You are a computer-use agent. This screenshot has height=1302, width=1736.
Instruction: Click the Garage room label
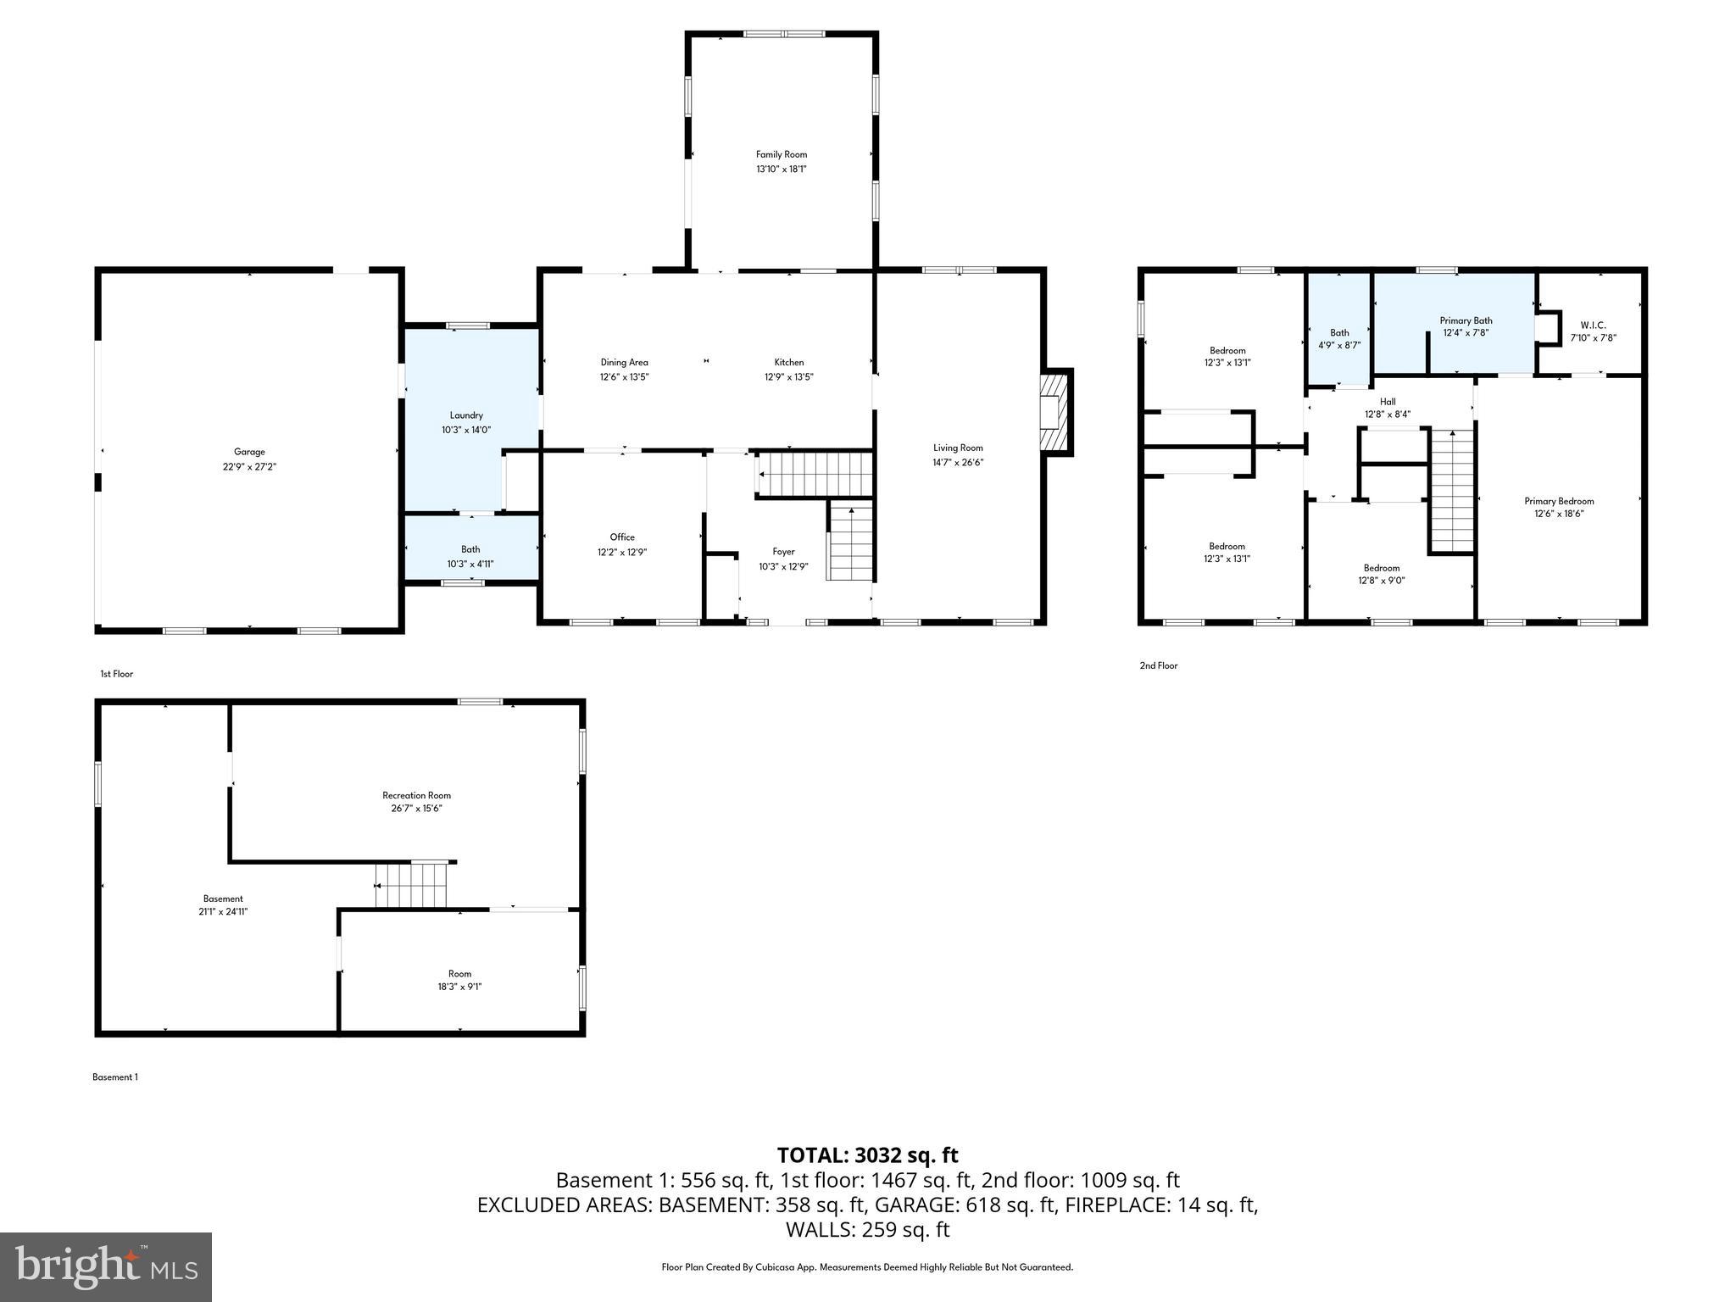pos(249,452)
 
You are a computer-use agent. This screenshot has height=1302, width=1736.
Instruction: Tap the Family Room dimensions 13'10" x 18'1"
pos(781,170)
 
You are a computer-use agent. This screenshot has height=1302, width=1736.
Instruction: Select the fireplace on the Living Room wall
pos(1054,412)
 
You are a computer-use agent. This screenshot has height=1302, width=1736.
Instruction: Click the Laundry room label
pos(466,415)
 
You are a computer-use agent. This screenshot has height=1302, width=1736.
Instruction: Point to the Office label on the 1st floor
pos(622,537)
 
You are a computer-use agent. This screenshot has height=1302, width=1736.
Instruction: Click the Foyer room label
pos(783,552)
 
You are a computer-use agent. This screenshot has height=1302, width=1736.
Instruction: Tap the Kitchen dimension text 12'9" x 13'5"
pos(788,377)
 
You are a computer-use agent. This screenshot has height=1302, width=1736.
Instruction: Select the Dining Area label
pos(625,363)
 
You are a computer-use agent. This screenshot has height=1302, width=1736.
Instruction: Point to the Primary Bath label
pos(1466,320)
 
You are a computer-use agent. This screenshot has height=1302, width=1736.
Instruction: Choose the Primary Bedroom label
pos(1559,501)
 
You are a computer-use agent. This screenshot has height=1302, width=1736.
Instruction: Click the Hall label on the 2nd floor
pos(1388,402)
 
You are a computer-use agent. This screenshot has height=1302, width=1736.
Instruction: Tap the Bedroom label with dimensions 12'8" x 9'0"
pos(1382,568)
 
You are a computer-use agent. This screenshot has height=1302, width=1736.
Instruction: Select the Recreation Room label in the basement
pos(416,795)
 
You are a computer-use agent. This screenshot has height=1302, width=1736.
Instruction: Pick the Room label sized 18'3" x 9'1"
pos(459,974)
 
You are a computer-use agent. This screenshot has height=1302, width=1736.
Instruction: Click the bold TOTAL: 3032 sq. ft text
pos(867,1155)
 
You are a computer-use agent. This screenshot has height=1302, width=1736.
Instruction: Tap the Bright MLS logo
pos(106,1266)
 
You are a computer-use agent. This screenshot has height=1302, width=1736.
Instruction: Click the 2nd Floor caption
pos(1158,665)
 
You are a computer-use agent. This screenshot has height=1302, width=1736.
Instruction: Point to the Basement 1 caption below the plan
pos(114,1077)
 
